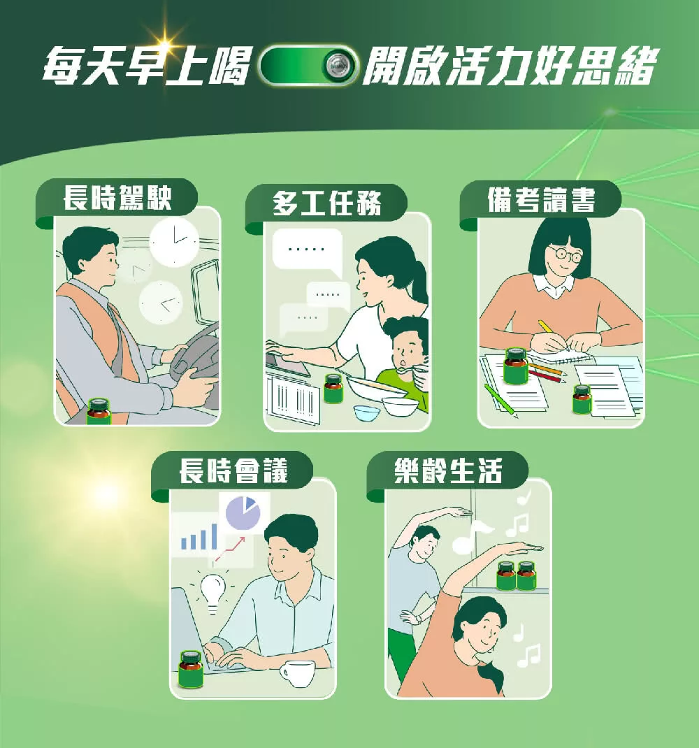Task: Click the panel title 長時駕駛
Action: (117, 198)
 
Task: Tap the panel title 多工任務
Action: (327, 203)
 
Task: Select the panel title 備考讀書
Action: (541, 200)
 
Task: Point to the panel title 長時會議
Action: (233, 471)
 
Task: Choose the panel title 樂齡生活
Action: (448, 471)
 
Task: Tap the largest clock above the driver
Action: (174, 242)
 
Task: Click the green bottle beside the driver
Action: (99, 412)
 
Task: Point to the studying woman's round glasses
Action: (565, 254)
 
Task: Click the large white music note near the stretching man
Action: (470, 536)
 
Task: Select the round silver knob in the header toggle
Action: (339, 65)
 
